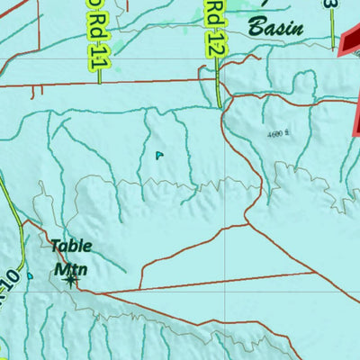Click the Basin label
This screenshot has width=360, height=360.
[x=275, y=28]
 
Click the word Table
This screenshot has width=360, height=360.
[x=71, y=245]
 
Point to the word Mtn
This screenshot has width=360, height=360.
[x=67, y=267]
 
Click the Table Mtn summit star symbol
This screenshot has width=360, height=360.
[x=70, y=281]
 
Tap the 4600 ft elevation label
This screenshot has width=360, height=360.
[x=280, y=133]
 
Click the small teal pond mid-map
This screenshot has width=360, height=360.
[x=159, y=155]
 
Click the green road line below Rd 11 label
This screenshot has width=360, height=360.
[x=98, y=77]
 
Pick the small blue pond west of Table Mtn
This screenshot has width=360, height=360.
[x=30, y=275]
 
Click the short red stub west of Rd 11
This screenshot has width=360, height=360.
[x=35, y=91]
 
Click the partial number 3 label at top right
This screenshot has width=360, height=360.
[x=334, y=4]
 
